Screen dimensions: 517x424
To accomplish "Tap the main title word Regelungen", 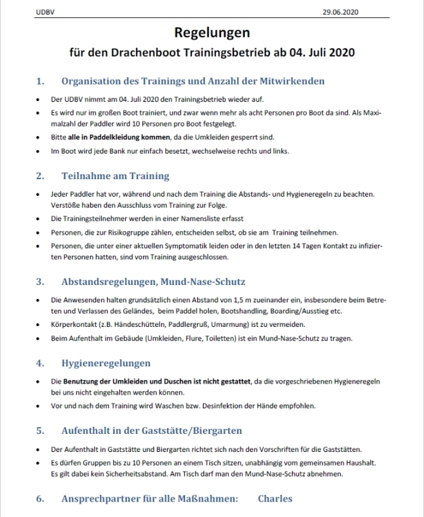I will (211, 32).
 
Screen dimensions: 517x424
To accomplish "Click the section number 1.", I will (39, 81).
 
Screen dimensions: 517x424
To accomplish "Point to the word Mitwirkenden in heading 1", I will (293, 81).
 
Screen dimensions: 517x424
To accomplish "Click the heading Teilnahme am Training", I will (115, 175).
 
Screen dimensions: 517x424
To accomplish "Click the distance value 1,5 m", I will (237, 300).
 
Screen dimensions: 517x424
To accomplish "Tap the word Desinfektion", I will (240, 406).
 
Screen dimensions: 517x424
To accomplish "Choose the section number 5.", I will (39, 430).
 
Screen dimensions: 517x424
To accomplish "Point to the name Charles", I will (275, 498).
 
